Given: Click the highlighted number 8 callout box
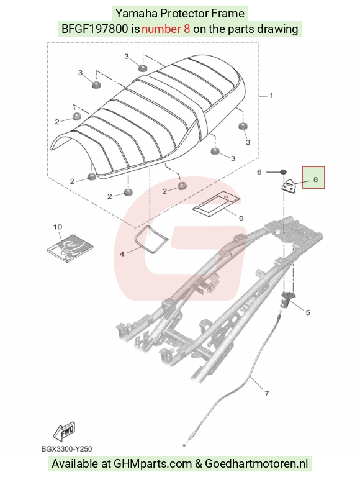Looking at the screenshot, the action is pyautogui.click(x=313, y=178).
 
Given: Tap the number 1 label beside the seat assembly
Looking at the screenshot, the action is pyautogui.click(x=271, y=96).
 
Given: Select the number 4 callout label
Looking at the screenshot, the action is pyautogui.click(x=122, y=253).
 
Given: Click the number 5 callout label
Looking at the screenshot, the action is pyautogui.click(x=308, y=312).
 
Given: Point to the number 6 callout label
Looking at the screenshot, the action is pyautogui.click(x=259, y=172).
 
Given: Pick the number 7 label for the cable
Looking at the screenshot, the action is pyautogui.click(x=267, y=394).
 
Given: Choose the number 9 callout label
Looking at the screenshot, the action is pyautogui.click(x=241, y=219).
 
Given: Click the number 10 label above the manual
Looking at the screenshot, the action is pyautogui.click(x=58, y=227).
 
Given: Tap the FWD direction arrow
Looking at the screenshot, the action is pyautogui.click(x=64, y=432).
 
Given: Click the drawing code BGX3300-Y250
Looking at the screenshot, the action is pyautogui.click(x=66, y=448).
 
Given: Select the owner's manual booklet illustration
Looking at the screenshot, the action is pyautogui.click(x=70, y=248).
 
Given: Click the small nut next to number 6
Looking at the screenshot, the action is pyautogui.click(x=282, y=172).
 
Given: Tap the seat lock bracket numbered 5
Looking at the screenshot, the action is pyautogui.click(x=287, y=298).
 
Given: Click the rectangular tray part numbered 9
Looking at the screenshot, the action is pyautogui.click(x=216, y=204).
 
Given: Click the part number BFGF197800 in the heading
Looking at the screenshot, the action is pyautogui.click(x=94, y=29).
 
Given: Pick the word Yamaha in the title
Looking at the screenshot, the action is pyautogui.click(x=136, y=14).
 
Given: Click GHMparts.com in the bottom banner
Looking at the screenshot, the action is pyautogui.click(x=153, y=464).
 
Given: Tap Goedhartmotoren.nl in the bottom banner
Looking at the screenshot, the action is pyautogui.click(x=256, y=464).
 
